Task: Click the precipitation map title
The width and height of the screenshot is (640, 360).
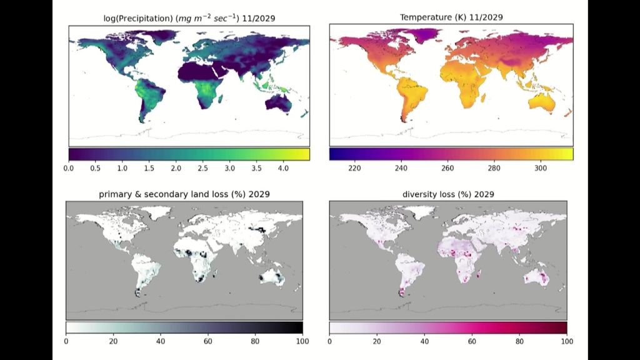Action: (189, 18)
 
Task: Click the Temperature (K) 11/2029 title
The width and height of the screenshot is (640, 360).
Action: (451, 18)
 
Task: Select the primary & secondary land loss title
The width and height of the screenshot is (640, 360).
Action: (184, 194)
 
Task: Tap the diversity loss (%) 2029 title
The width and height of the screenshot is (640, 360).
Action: (447, 194)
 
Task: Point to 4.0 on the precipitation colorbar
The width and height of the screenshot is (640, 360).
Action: (283, 168)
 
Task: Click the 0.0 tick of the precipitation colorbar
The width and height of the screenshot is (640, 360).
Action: (69, 168)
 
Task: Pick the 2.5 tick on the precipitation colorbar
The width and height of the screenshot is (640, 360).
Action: (202, 168)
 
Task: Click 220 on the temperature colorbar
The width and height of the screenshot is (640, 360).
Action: (354, 168)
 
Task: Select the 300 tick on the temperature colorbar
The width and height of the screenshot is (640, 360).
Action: (541, 168)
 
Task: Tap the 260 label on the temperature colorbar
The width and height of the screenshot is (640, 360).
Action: (447, 168)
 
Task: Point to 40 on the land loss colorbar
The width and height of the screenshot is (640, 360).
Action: (161, 341)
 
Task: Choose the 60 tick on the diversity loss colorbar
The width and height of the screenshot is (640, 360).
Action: (472, 341)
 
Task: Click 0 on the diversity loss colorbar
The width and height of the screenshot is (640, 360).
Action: (329, 341)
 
